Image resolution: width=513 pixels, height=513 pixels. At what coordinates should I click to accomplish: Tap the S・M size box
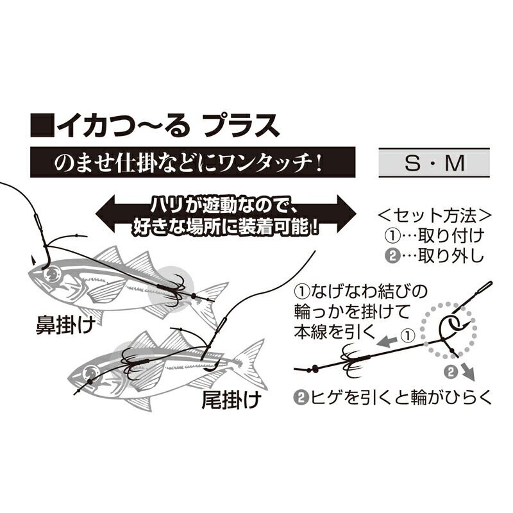coord(434,164)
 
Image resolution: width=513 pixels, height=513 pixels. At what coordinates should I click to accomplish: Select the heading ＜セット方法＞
coord(436,214)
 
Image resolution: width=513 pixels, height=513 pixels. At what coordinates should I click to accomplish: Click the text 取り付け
coord(450,235)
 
